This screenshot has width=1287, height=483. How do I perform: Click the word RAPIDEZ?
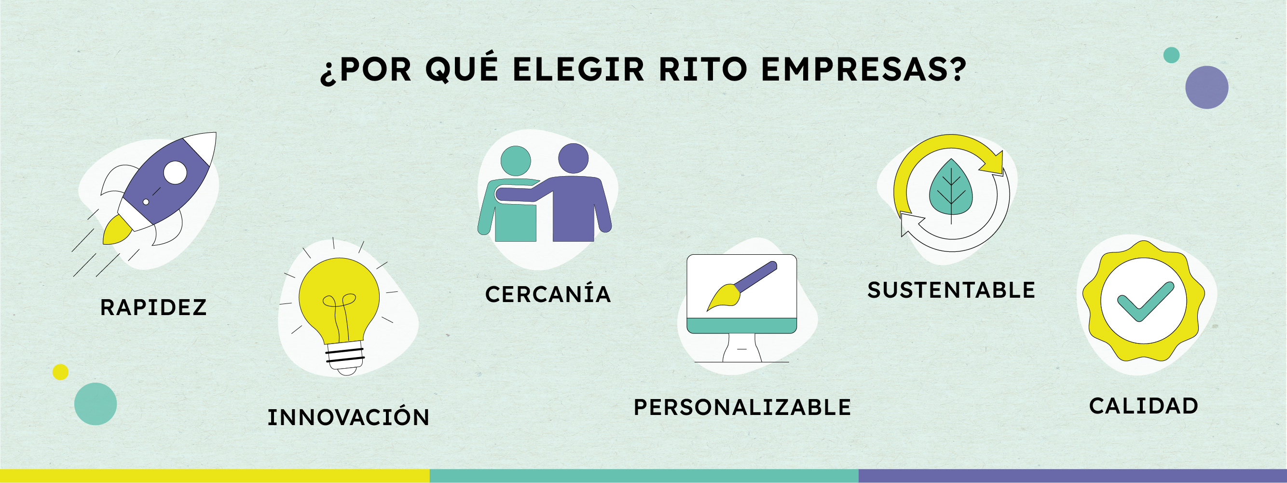click(x=153, y=307)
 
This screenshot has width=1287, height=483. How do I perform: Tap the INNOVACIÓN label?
click(x=348, y=416)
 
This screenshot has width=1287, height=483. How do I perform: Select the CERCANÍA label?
click(x=548, y=293)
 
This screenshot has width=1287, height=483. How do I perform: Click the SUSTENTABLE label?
click(x=951, y=290)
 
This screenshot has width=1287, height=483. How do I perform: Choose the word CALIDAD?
click(x=1143, y=406)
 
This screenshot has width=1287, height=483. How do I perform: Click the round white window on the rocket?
click(x=175, y=173)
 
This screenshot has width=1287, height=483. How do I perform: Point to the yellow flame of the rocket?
click(x=117, y=231)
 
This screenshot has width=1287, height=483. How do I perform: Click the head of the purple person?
click(x=573, y=158)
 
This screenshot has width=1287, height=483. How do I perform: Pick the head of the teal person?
click(x=516, y=161)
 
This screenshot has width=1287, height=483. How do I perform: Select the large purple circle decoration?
click(x=1206, y=87)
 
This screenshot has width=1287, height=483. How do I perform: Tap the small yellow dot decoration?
click(x=60, y=372)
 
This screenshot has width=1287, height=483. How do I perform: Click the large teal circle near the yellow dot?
click(x=96, y=404)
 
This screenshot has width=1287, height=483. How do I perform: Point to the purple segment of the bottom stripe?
click(x=1073, y=476)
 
